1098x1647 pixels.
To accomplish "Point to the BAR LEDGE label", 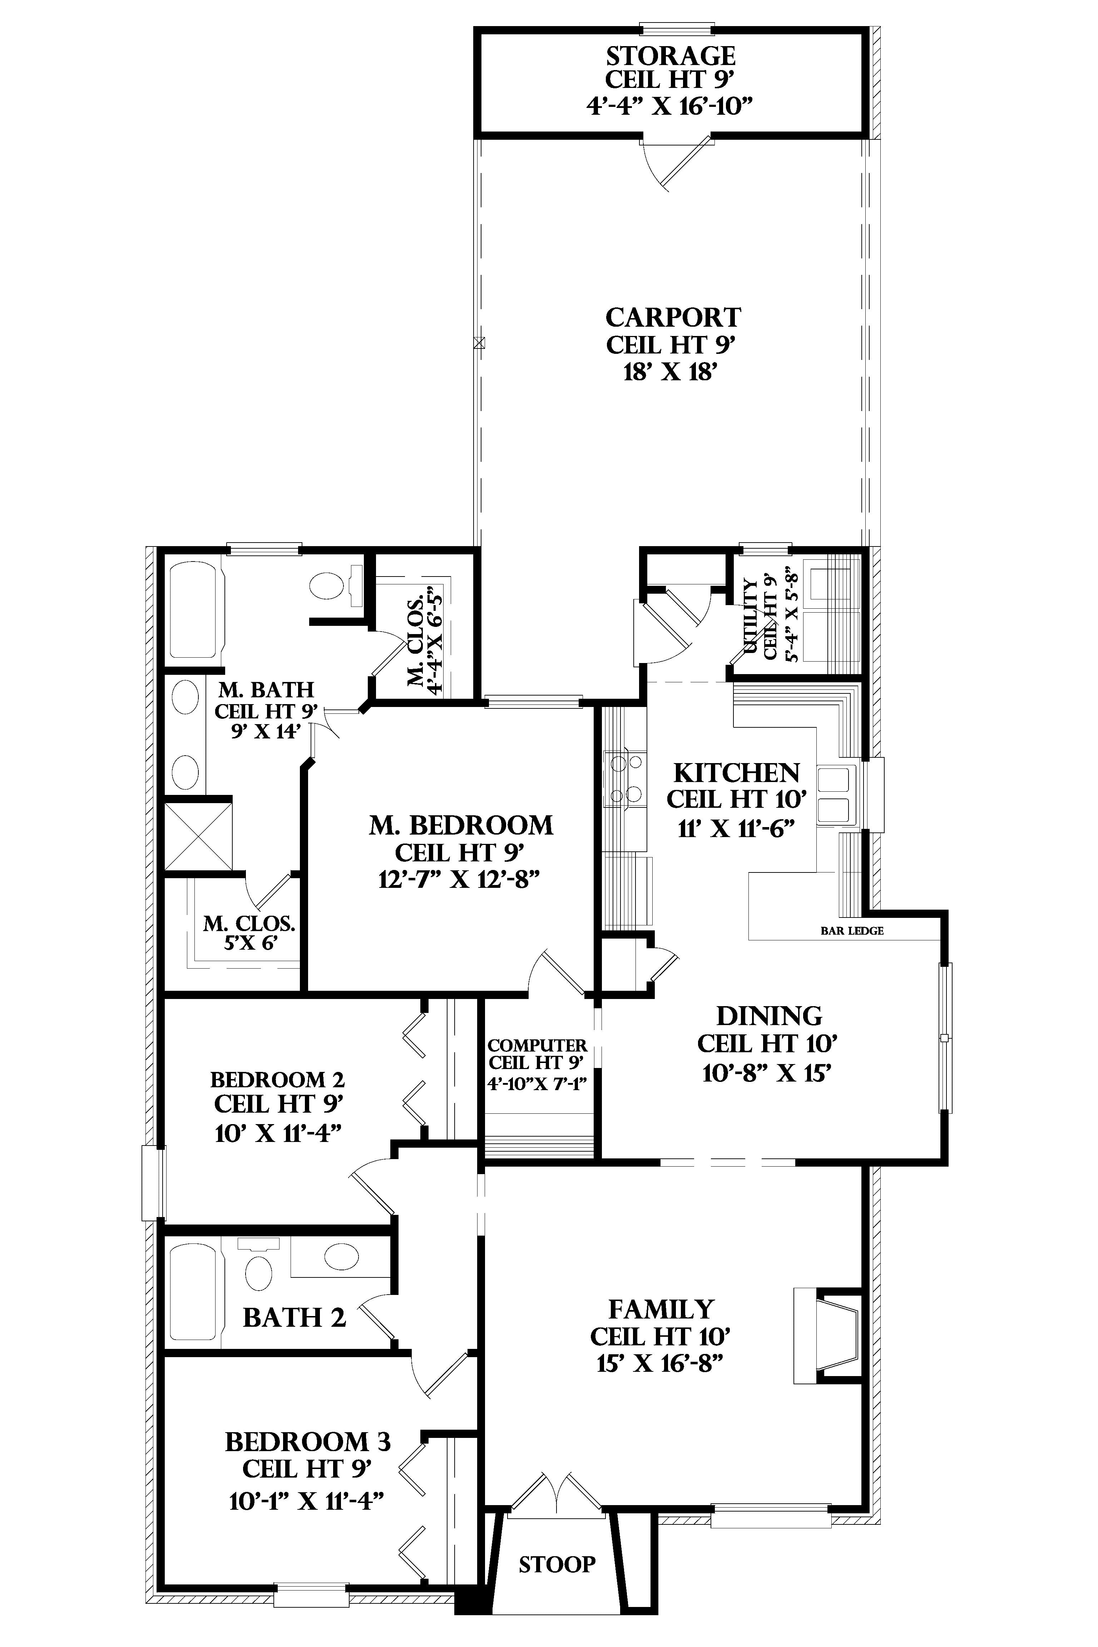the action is [851, 931].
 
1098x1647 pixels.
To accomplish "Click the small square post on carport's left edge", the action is [479, 343].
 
